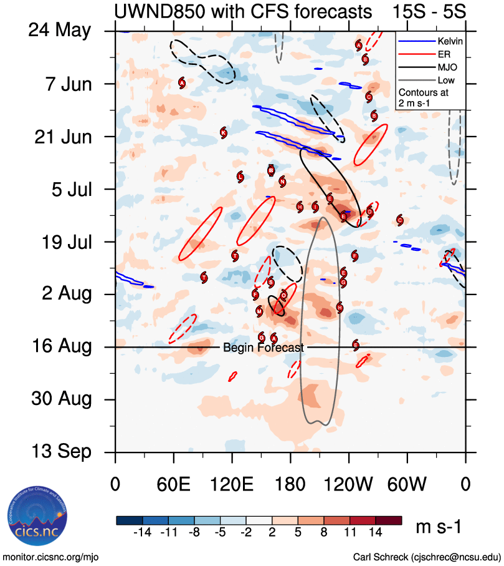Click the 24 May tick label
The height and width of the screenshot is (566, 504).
pyautogui.click(x=60, y=31)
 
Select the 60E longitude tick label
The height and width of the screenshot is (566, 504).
pyautogui.click(x=173, y=484)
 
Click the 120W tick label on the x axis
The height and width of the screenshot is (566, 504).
pyautogui.click(x=348, y=484)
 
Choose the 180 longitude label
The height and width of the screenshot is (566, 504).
pyautogui.click(x=290, y=484)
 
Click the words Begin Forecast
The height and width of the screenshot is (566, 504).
pyautogui.click(x=264, y=348)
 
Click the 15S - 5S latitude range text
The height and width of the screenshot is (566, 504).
pyautogui.click(x=432, y=11)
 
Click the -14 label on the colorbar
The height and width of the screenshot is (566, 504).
pyautogui.click(x=143, y=532)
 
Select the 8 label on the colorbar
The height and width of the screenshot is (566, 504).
pyautogui.click(x=324, y=532)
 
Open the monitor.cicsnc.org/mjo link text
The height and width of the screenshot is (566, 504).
pyautogui.click(x=51, y=557)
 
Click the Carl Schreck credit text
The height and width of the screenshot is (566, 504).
pyautogui.click(x=427, y=557)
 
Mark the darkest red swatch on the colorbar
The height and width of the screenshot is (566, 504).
pyautogui.click(x=389, y=520)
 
